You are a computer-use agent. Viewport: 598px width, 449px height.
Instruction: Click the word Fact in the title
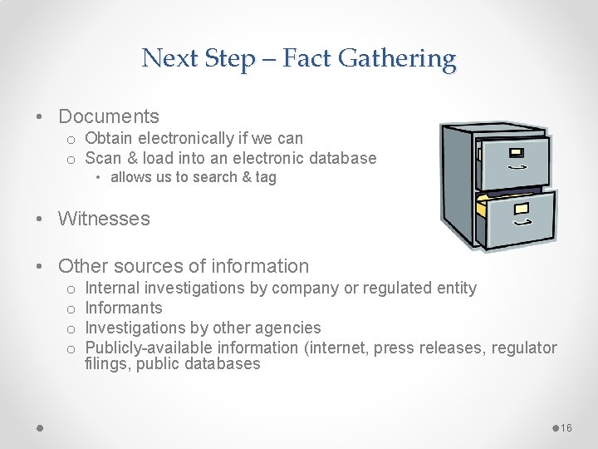(306, 58)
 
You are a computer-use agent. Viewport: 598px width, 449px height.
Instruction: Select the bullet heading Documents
(108, 116)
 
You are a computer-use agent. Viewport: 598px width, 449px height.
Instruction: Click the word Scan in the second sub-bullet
(103, 158)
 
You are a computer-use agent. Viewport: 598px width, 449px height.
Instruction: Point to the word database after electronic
(341, 158)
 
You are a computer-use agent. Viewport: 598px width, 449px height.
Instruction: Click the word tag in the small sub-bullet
(265, 177)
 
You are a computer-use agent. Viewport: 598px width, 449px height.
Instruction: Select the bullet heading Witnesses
(104, 219)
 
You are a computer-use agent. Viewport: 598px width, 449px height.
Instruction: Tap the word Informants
(124, 308)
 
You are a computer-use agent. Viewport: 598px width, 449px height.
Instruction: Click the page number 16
(566, 427)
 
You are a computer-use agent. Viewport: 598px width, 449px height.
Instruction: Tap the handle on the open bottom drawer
(522, 223)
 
